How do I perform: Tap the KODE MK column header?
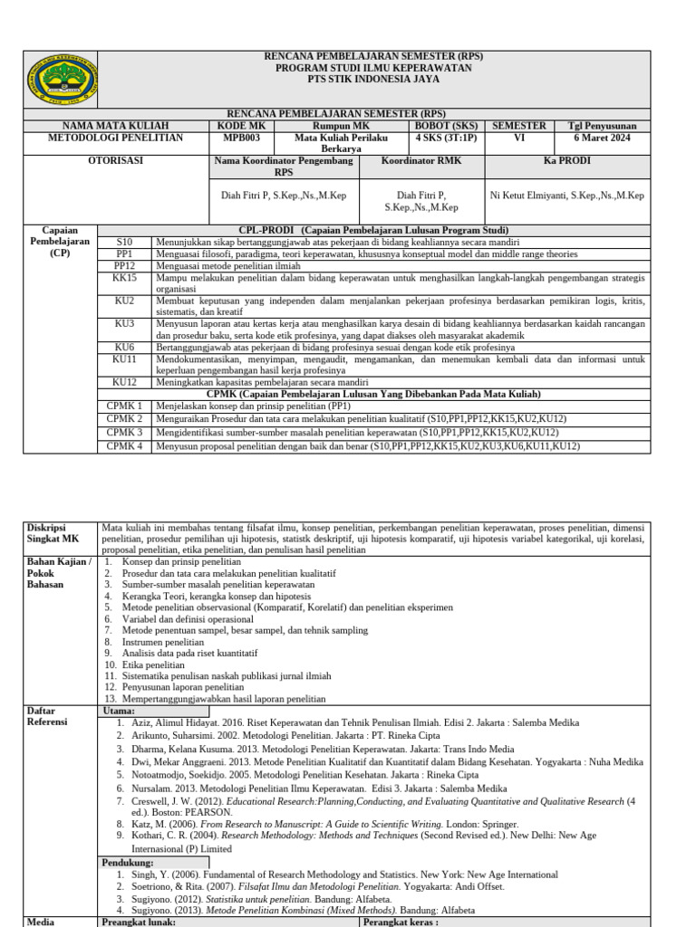point(241,126)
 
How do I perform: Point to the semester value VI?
point(518,138)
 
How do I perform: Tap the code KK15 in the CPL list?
point(124,278)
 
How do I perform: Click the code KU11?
point(124,359)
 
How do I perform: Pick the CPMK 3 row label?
point(124,432)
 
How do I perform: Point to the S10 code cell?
point(124,243)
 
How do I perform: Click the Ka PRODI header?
point(566,160)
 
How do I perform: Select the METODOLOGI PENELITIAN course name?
point(115,138)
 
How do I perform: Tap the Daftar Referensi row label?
point(46,718)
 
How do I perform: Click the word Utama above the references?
point(121,712)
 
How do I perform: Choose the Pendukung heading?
point(127,863)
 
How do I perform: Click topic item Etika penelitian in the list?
point(159,664)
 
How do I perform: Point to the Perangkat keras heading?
point(399,922)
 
